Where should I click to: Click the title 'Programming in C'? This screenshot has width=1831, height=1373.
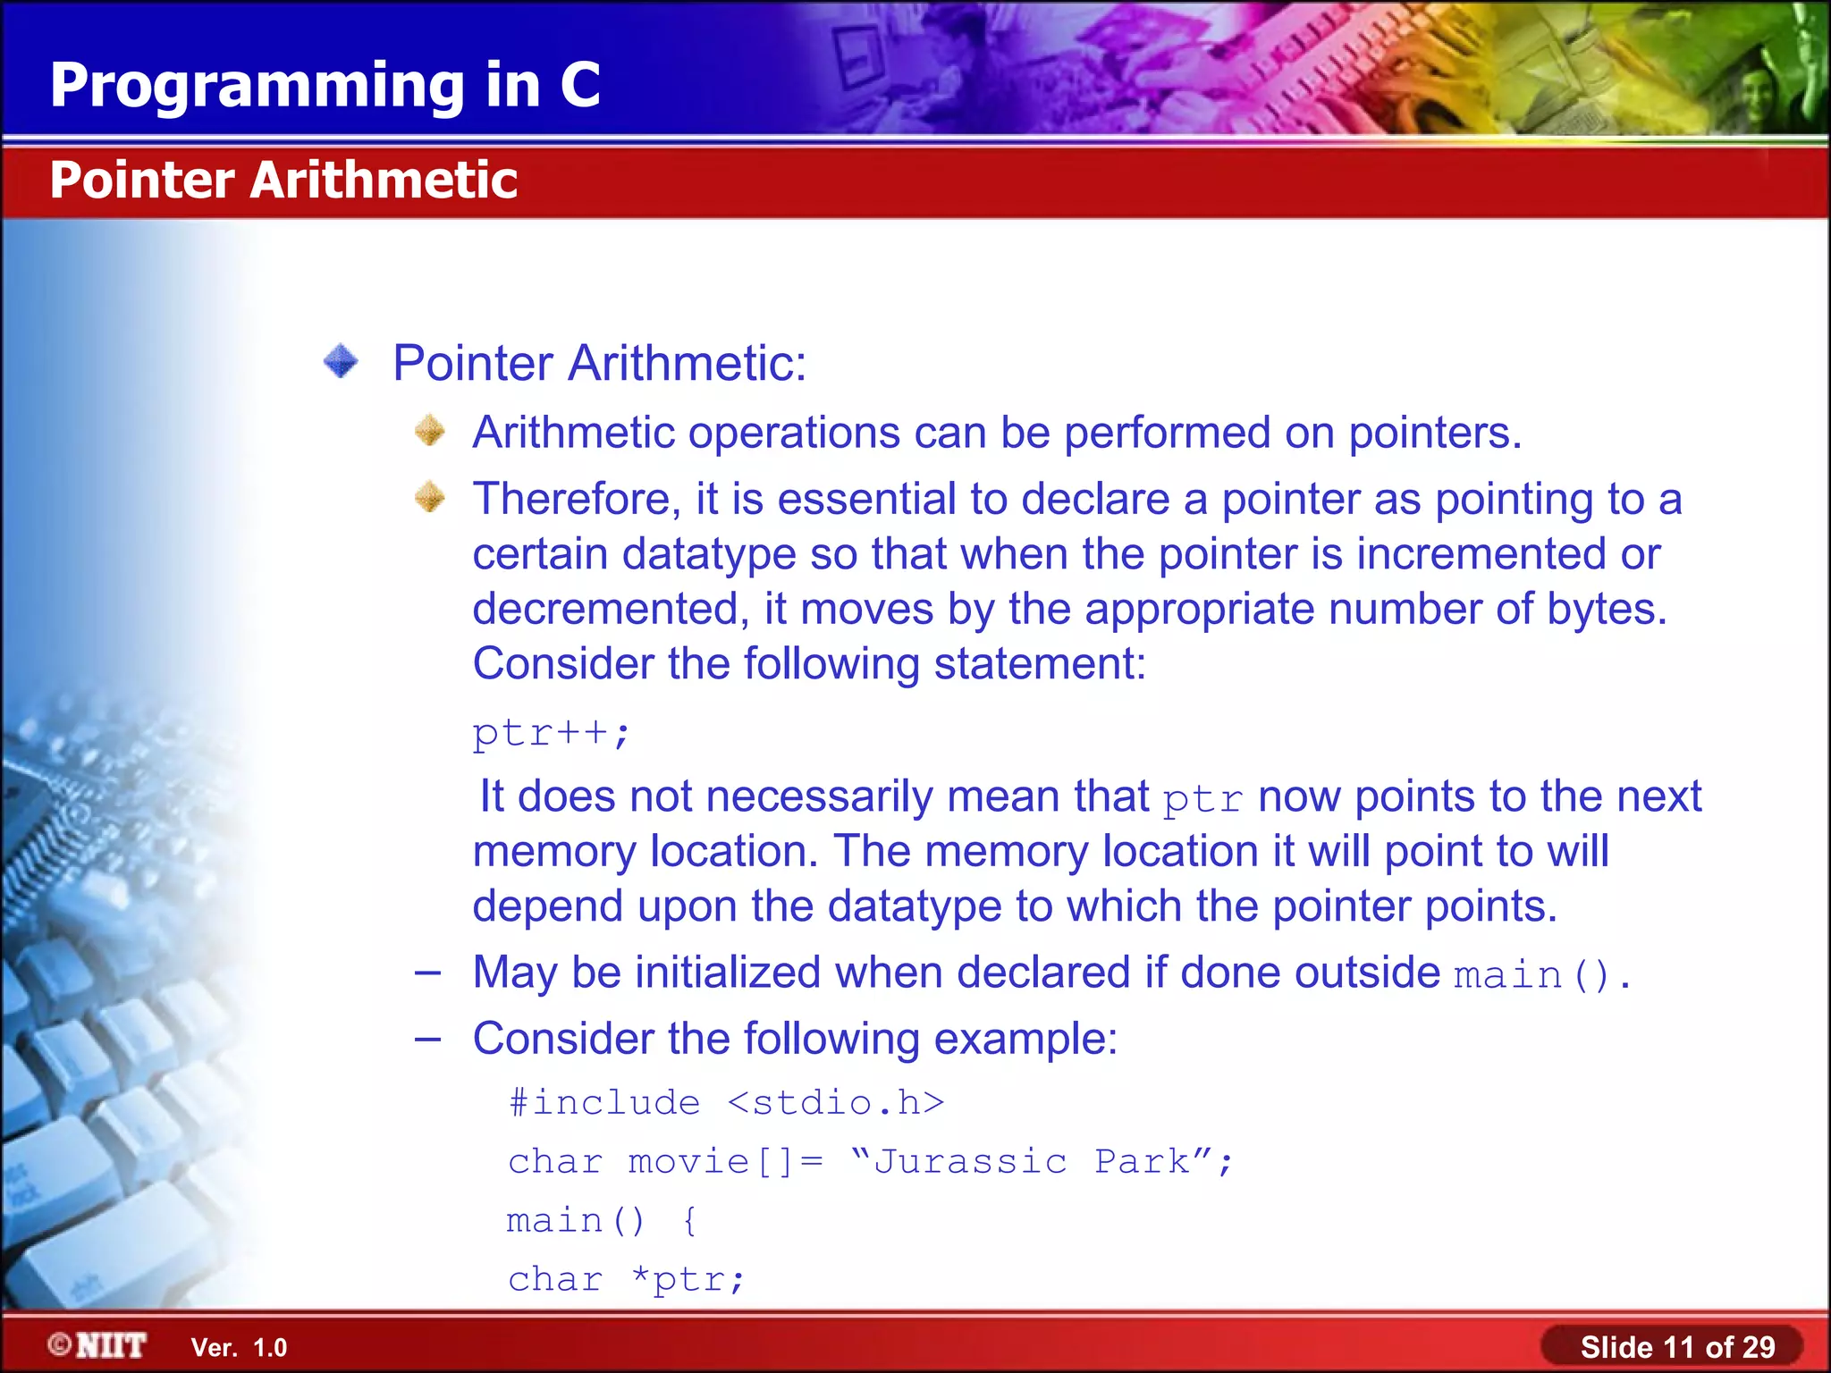pos(325,86)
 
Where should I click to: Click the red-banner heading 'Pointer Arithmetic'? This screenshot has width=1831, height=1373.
pos(283,180)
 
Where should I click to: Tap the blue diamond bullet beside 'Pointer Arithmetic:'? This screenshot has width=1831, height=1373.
pos(341,362)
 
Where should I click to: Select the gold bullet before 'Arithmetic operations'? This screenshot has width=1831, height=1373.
pos(430,431)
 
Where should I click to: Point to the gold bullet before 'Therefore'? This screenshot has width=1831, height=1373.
pos(430,497)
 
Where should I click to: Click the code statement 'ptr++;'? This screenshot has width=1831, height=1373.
pos(551,733)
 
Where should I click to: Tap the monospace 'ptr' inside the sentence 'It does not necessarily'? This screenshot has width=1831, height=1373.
pos(1202,799)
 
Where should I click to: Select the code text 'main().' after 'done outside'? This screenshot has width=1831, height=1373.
pos(1541,974)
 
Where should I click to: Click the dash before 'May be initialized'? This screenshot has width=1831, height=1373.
pos(427,973)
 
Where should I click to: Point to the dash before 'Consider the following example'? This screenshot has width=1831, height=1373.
pos(427,1039)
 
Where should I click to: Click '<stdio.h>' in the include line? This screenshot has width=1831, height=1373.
pos(836,1103)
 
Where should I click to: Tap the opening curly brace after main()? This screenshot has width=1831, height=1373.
pos(689,1221)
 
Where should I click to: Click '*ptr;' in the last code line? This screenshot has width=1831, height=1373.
pos(687,1280)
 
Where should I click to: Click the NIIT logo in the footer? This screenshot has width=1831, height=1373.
pos(98,1346)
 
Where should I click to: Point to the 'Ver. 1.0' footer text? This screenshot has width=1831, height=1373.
pos(239,1348)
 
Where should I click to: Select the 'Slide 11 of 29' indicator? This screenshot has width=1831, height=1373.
pos(1676,1347)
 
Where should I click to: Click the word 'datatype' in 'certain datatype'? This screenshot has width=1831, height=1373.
pos(708,554)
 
